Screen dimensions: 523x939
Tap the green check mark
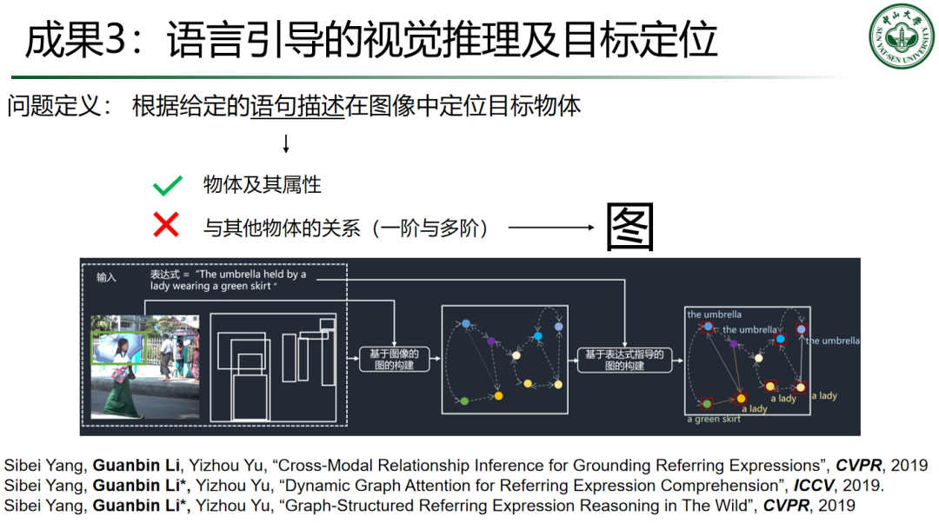point(166,184)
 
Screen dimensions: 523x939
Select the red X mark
point(165,226)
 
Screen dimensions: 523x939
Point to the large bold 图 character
point(629,227)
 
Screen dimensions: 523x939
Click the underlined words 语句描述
point(297,107)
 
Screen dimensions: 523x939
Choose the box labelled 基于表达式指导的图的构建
point(624,359)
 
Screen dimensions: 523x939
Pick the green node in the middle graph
point(464,401)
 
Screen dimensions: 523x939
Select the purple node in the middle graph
point(491,341)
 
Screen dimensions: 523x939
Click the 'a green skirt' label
point(714,420)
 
